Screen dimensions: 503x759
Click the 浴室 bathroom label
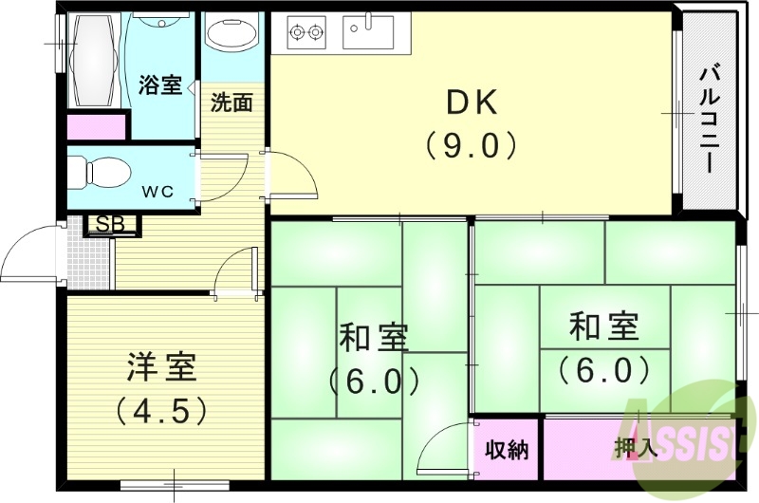[159, 84]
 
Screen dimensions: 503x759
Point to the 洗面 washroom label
[231, 102]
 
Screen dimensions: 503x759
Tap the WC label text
[157, 191]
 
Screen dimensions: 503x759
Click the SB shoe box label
[113, 226]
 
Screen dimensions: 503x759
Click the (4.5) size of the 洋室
[161, 411]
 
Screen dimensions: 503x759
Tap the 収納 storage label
[506, 449]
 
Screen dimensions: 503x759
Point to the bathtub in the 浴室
[91, 59]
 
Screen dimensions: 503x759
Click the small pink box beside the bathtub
[96, 126]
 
